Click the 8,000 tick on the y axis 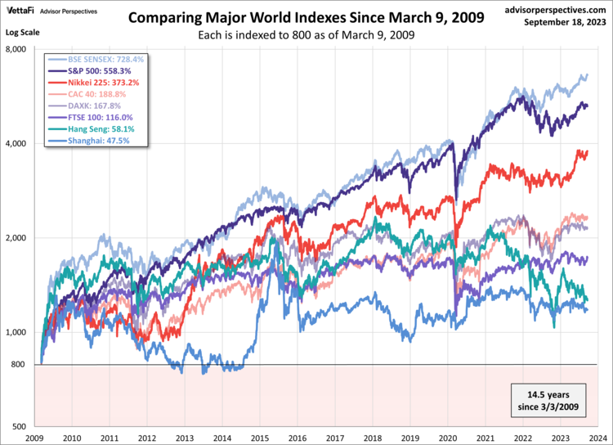(x=18, y=49)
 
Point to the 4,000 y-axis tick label (x=18, y=144)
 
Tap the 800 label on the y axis (x=21, y=365)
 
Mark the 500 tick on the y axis (x=21, y=427)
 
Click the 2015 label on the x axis (x=261, y=438)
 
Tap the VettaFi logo (x=20, y=11)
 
